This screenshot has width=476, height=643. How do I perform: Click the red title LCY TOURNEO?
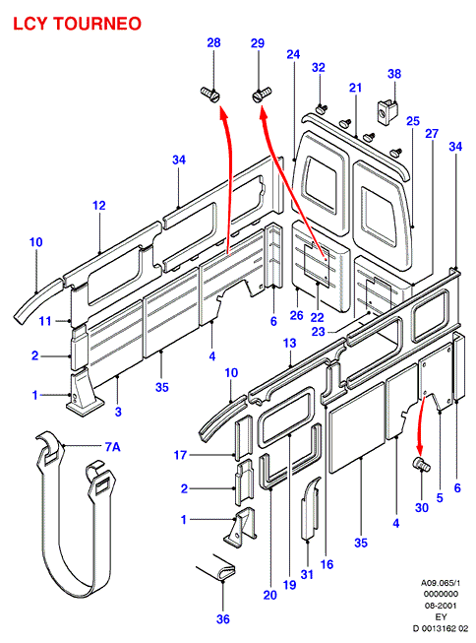77,24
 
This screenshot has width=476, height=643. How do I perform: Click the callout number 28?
213,42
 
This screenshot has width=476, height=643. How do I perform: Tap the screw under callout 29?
262,95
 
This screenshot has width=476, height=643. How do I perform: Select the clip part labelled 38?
387,110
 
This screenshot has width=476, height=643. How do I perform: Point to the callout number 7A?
112,447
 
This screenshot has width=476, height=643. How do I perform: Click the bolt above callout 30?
421,464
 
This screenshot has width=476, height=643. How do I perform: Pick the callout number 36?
223,618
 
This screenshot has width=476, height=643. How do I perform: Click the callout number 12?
99,205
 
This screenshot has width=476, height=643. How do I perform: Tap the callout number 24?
293,54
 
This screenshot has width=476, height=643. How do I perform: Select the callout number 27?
432,133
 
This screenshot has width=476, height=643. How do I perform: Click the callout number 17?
180,455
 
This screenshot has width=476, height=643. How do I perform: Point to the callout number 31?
307,574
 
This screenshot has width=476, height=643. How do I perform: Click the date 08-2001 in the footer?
441,606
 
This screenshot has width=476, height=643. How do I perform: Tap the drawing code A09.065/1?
441,582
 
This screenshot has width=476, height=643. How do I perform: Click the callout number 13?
289,343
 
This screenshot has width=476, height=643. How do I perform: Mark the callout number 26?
297,315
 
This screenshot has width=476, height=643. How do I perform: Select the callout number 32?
319,67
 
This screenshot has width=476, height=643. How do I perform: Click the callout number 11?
45,321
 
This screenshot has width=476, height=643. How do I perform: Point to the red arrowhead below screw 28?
223,113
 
